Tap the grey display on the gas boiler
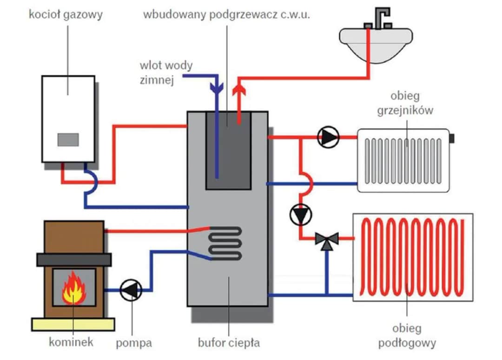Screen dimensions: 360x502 pyautogui.click(x=68, y=139)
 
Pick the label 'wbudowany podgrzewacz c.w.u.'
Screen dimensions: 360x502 pyautogui.click(x=226, y=14)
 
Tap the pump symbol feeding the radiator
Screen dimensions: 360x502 pyautogui.click(x=329, y=137)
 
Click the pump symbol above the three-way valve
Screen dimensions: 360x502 pyautogui.click(x=301, y=215)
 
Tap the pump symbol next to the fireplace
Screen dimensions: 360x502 pyautogui.click(x=131, y=290)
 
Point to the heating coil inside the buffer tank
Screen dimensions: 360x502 pyautogui.click(x=225, y=242)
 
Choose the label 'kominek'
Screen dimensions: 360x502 pyautogui.click(x=71, y=342)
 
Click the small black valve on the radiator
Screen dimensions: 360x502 pyautogui.click(x=451, y=138)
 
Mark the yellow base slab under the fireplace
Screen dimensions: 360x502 pyautogui.click(x=73, y=324)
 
